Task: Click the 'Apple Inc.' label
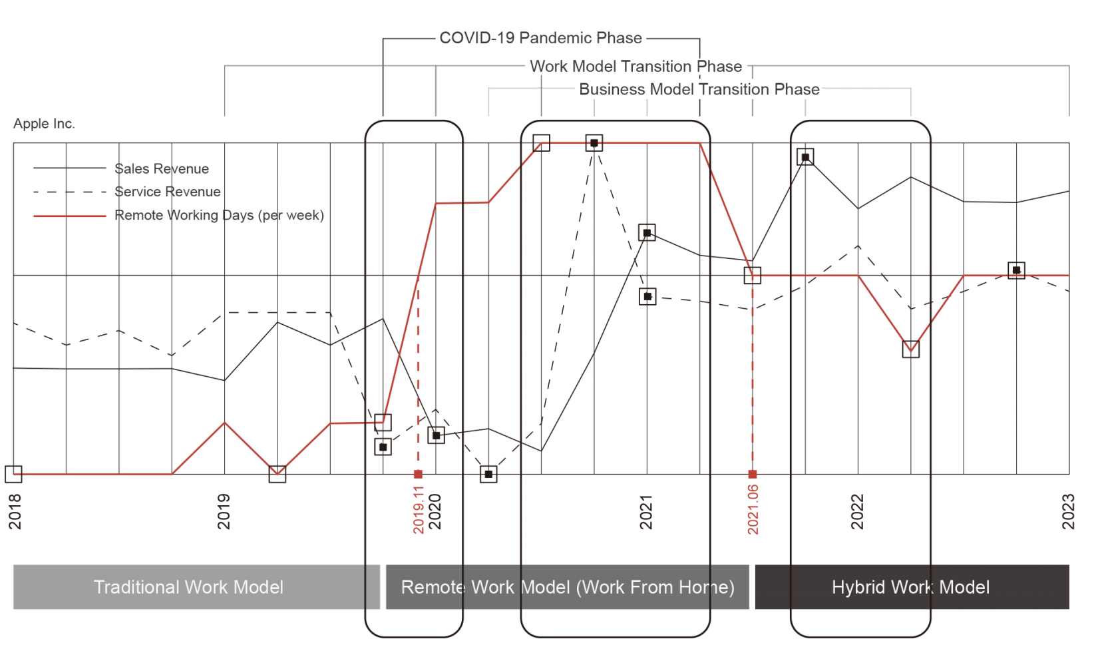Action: tap(44, 124)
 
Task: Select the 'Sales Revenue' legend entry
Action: tap(161, 169)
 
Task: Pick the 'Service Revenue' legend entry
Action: tap(167, 192)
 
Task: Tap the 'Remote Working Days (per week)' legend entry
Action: tap(219, 215)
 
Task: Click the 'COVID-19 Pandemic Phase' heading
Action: tap(540, 38)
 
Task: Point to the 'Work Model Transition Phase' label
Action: tap(636, 67)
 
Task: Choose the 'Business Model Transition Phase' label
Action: tap(699, 89)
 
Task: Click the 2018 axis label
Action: tap(15, 511)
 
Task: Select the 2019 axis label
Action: tap(224, 511)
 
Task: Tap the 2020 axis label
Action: tap(435, 511)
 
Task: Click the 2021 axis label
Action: tap(646, 511)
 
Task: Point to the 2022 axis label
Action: tap(857, 511)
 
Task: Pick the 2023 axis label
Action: tap(1068, 511)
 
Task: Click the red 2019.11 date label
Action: tap(419, 510)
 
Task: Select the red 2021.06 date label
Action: tap(753, 510)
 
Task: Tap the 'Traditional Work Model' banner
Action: tap(189, 587)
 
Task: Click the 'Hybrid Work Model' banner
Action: tap(911, 587)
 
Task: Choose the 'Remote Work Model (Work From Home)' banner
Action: tap(568, 587)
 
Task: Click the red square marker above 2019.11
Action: tap(418, 474)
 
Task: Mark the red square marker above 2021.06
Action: tap(753, 474)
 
